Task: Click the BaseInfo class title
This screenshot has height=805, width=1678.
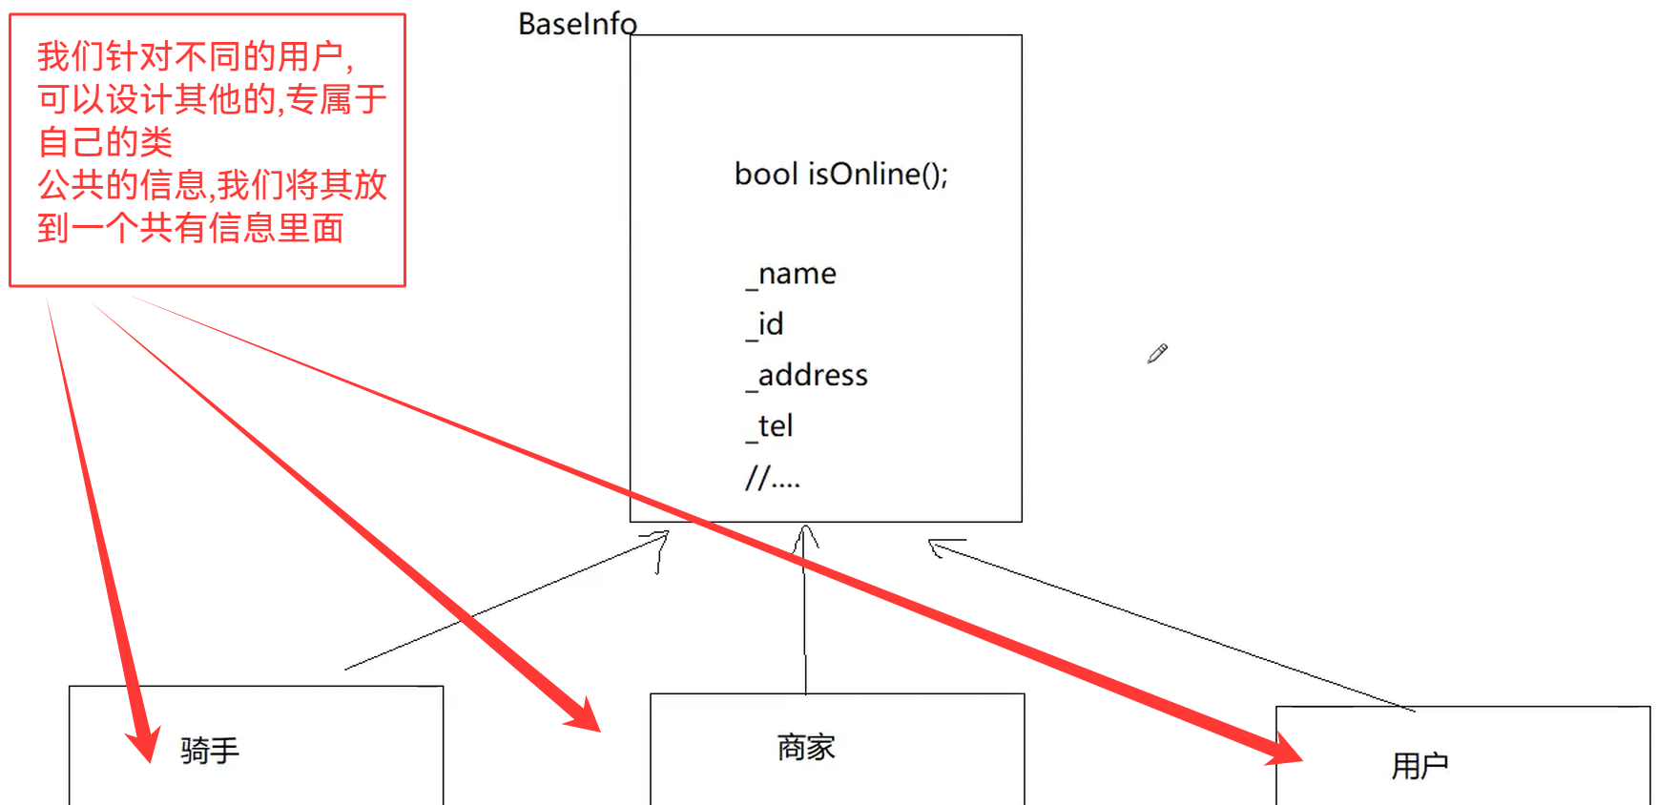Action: point(577,24)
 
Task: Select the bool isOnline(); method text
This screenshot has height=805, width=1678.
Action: point(840,175)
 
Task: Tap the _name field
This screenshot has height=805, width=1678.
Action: point(791,275)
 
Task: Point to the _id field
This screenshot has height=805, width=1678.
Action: point(765,325)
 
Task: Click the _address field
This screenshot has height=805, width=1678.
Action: point(807,376)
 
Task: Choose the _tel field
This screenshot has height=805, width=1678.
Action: point(770,426)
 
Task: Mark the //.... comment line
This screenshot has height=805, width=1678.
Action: point(772,477)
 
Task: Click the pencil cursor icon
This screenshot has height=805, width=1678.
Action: point(1157,354)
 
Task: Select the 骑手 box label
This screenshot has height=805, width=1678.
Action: point(210,751)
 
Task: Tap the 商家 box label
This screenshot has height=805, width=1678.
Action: point(806,747)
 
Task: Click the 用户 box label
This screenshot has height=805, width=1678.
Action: point(1419,765)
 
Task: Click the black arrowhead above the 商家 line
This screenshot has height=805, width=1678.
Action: point(805,536)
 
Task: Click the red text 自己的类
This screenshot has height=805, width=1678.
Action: point(105,142)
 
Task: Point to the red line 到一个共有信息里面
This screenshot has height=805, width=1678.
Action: point(191,228)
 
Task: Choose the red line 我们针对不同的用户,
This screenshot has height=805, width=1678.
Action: point(196,57)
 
